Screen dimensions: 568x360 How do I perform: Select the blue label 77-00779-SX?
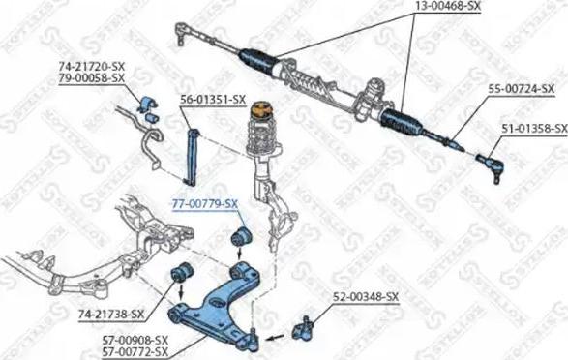point(204,204)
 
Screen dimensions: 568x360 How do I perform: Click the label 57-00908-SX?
point(135,340)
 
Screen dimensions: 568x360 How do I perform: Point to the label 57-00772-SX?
point(135,352)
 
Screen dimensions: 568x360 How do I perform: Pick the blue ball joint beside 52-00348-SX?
point(309,324)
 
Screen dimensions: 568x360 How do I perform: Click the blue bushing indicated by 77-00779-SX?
point(239,236)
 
